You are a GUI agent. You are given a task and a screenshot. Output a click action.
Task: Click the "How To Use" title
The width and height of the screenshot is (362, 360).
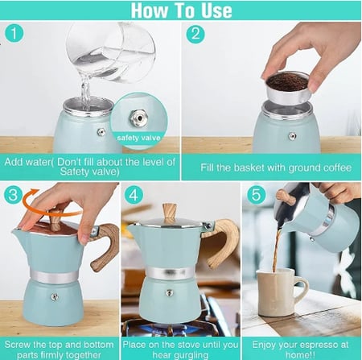click(181, 10)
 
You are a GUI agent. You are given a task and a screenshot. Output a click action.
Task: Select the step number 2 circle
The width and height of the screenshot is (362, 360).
click(195, 35)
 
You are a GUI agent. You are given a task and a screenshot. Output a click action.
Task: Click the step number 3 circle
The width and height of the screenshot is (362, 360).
click(13, 196)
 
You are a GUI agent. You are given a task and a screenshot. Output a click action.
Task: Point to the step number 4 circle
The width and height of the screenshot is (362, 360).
click(134, 196)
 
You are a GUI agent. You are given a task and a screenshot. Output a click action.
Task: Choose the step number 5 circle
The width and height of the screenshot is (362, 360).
click(257, 196)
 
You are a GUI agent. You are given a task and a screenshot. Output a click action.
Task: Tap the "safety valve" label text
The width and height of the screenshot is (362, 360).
click(139, 137)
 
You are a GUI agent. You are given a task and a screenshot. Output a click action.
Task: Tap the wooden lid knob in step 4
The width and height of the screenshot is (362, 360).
click(168, 212)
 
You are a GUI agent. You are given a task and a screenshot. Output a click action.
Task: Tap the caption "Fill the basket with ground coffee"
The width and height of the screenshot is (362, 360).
click(270, 168)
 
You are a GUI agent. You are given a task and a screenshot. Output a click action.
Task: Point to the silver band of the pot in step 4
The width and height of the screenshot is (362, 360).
click(169, 273)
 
